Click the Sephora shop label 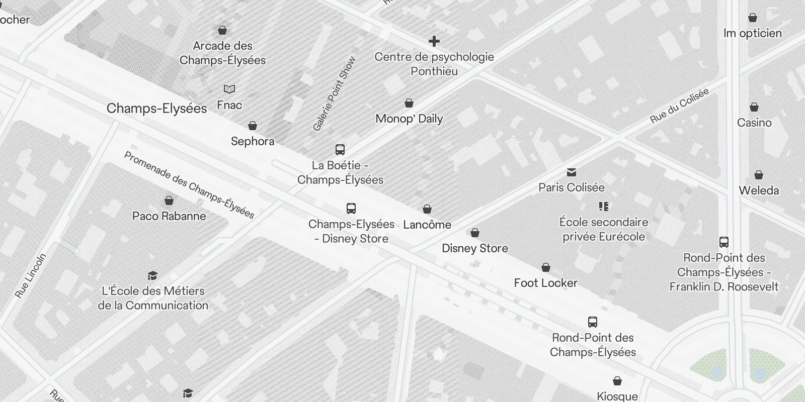click(253, 141)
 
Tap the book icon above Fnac click(229, 89)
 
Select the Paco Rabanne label click(169, 216)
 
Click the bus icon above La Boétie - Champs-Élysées click(340, 149)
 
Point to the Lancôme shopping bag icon click(427, 209)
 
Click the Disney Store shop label click(475, 248)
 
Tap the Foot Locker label click(545, 283)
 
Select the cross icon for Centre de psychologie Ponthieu click(434, 41)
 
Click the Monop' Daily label click(409, 119)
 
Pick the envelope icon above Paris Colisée click(572, 172)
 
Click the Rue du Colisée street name click(679, 106)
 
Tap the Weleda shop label click(759, 190)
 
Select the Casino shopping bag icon click(754, 107)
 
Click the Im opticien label click(753, 33)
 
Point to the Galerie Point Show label click(334, 94)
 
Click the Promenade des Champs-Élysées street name click(189, 185)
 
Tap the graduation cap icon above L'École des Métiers click(153, 275)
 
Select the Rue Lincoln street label click(31, 276)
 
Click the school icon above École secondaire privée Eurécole click(604, 207)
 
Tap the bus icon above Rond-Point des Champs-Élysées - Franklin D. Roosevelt click(724, 242)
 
